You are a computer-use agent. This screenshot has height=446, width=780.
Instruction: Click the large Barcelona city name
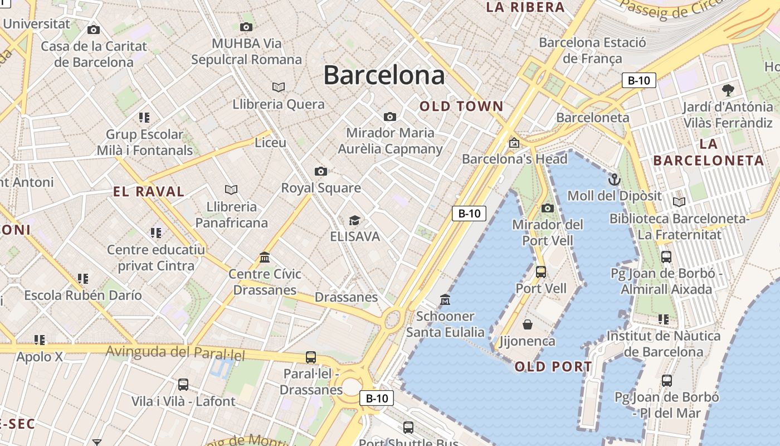coord(384,75)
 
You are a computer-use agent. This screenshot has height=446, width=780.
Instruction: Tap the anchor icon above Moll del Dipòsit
coord(614,180)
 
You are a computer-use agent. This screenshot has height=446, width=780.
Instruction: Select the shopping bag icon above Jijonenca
coord(527,324)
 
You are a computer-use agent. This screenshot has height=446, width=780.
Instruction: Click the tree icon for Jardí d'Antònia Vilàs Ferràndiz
coord(728,90)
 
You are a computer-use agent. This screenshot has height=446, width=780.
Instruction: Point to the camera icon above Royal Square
coord(320,171)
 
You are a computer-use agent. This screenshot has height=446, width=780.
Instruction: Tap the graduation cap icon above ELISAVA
coord(354,220)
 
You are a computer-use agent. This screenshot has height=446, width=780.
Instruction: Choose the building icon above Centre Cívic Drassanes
coord(265,258)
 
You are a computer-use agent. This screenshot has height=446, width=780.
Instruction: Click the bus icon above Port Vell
coord(540,272)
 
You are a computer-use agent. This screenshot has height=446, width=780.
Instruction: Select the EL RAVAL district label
coord(148,192)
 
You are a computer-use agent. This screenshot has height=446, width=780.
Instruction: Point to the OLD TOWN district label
coord(461,106)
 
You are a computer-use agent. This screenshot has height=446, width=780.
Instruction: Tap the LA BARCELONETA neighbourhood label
coord(709,152)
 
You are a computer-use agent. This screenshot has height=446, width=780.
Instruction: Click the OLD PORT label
coord(553,366)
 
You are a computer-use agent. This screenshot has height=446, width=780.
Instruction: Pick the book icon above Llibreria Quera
coord(279,87)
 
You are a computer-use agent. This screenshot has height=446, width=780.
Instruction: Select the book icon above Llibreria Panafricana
coord(231,190)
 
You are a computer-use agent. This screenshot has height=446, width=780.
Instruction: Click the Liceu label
coord(270,143)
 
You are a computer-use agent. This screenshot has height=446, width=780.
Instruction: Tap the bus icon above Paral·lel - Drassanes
coord(311,357)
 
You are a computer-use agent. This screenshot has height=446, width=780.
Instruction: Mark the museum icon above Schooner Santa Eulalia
coord(445,300)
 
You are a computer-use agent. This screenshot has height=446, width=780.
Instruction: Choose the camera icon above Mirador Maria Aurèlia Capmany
coord(390,117)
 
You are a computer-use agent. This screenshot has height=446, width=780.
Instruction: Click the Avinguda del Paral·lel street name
coord(175,352)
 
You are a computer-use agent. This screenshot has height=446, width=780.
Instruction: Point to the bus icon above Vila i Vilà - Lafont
coord(183,385)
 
